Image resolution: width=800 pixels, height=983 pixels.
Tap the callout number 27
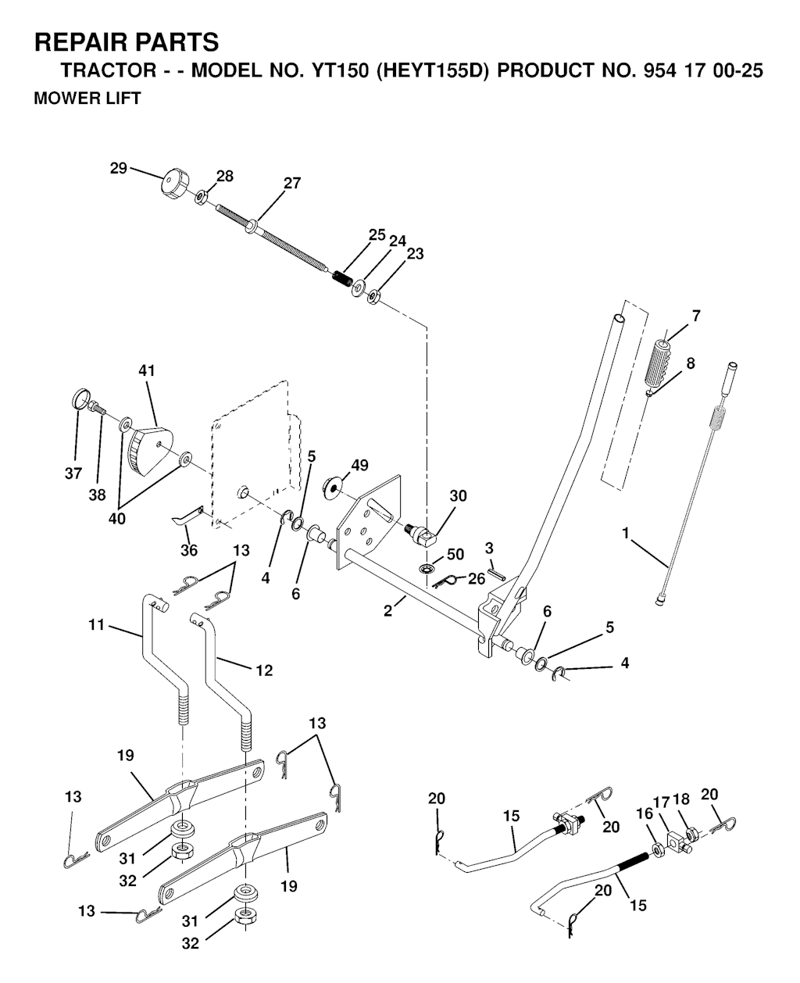(292, 183)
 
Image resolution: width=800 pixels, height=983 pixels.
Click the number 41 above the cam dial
(147, 370)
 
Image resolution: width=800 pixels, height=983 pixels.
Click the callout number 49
(359, 465)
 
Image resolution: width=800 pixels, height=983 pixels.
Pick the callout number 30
(458, 495)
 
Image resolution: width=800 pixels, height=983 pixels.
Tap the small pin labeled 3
(497, 574)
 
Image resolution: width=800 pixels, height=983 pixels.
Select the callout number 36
(189, 550)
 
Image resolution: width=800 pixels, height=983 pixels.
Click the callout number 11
(96, 625)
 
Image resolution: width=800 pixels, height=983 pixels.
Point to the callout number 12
(264, 670)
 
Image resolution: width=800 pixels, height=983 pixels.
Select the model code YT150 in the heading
(340, 70)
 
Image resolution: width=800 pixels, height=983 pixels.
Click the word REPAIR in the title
(80, 42)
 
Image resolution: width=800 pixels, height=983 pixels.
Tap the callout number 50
(455, 554)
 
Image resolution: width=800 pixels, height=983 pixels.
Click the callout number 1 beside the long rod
(626, 534)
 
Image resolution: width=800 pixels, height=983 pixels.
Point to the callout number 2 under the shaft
(387, 610)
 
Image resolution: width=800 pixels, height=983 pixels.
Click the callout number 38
(97, 495)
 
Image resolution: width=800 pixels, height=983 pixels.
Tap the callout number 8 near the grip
(690, 363)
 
